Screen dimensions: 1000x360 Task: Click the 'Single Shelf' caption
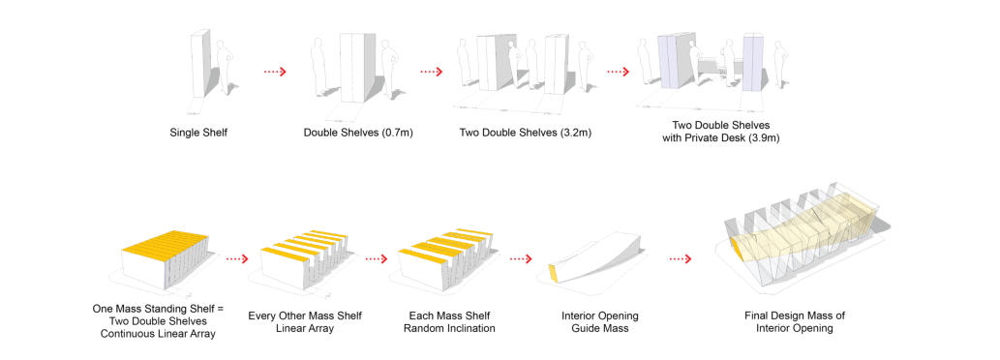[x=198, y=134]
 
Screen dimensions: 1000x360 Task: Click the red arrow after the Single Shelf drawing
[x=275, y=72]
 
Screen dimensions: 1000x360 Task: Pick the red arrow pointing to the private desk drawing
[x=618, y=72]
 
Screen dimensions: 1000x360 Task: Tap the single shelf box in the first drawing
[x=199, y=64]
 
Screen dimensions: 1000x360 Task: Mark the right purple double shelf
[x=752, y=63]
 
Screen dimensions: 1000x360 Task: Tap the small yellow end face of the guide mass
[x=554, y=273]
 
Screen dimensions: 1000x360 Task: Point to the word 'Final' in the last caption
[x=756, y=316]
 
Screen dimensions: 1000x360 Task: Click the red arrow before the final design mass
[x=680, y=259]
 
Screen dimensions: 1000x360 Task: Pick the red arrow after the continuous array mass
[x=236, y=259]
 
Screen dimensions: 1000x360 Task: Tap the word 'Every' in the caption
[x=260, y=316]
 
